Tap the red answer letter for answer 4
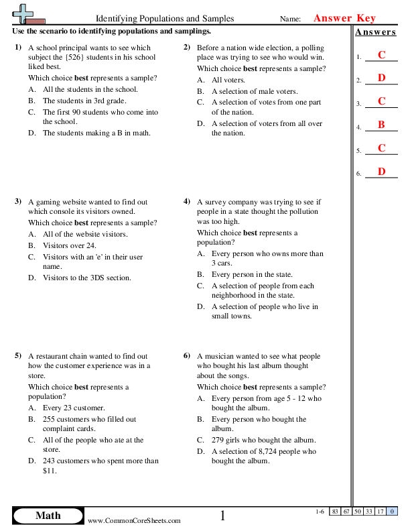tap(381, 125)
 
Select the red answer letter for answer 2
tap(381, 78)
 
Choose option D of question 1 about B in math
tap(96, 133)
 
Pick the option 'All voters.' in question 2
tap(228, 80)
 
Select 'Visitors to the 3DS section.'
tap(86, 278)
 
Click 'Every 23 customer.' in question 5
tap(73, 408)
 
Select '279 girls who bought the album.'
tap(263, 440)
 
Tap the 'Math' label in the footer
tap(48, 515)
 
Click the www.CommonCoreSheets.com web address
tap(134, 520)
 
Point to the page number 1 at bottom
tap(222, 515)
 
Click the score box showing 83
tap(334, 512)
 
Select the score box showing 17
tap(380, 512)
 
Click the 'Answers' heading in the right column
tap(375, 32)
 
